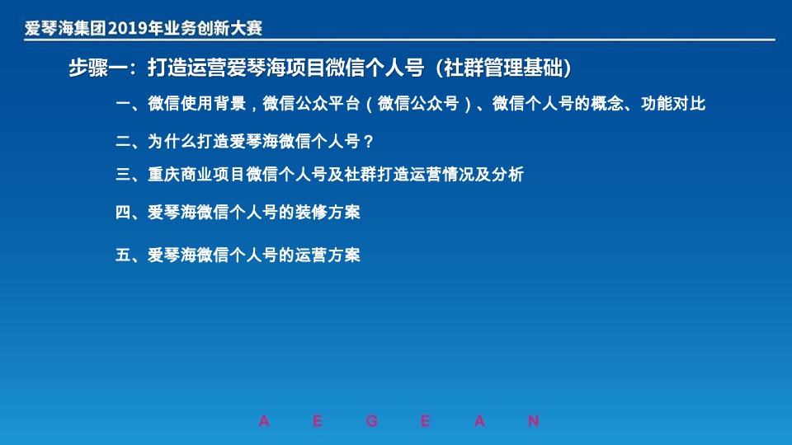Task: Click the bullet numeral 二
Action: pyautogui.click(x=123, y=141)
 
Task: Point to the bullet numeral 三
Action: pyautogui.click(x=123, y=175)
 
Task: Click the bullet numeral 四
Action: pyautogui.click(x=123, y=213)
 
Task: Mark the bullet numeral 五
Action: pyautogui.click(x=123, y=255)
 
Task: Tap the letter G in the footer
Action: pyautogui.click(x=372, y=421)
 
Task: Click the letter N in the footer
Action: pyautogui.click(x=534, y=421)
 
